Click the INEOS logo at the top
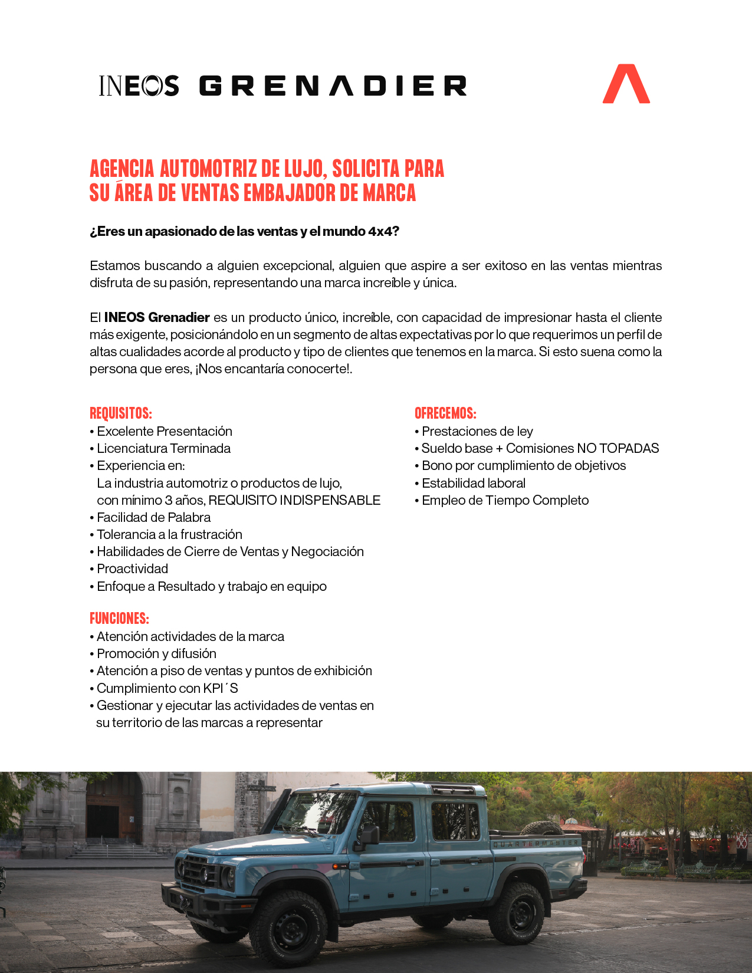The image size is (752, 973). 139,86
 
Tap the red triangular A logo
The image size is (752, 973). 626,84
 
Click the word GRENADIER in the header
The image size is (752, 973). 333,86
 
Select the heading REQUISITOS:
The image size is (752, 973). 121,413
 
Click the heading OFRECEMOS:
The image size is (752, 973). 445,413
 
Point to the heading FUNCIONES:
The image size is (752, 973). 119,618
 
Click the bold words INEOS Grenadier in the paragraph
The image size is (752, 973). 157,317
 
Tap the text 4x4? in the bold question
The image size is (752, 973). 384,231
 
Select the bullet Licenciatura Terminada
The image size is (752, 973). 163,448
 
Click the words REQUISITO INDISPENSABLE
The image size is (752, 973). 294,500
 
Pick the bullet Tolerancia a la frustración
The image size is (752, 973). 169,534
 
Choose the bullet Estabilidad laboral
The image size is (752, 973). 473,483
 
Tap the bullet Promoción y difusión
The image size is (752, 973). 156,653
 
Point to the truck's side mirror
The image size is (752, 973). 370,835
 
